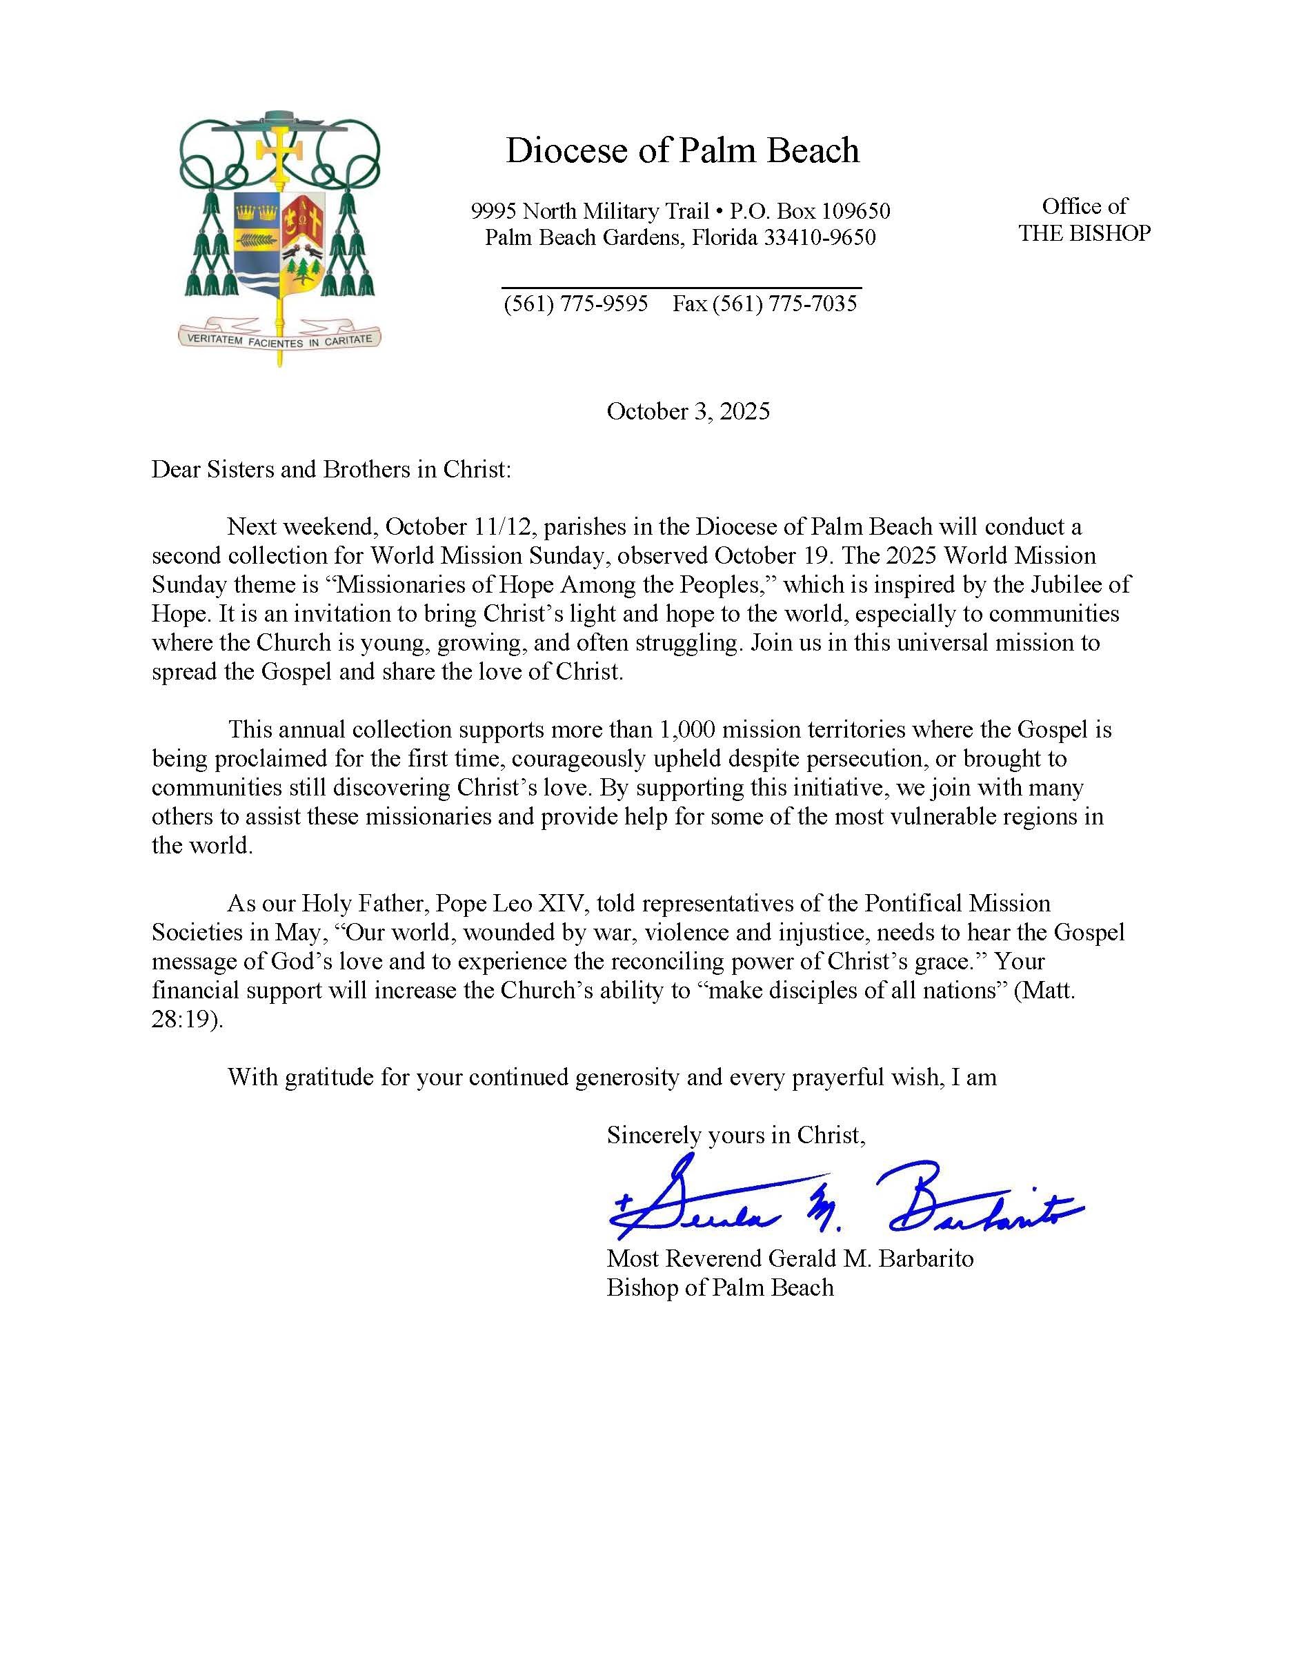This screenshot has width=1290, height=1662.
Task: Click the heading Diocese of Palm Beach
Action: coord(682,150)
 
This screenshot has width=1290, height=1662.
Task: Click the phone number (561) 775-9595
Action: coord(575,304)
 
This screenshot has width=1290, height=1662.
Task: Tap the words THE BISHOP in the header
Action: coord(1084,233)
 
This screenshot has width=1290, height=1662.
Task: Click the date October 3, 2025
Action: coord(688,412)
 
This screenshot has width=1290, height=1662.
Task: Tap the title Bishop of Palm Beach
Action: coord(720,1287)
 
